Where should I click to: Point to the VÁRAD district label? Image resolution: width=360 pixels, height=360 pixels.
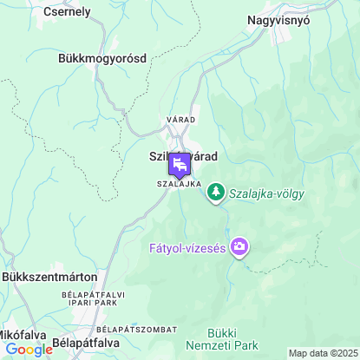pos(181,119)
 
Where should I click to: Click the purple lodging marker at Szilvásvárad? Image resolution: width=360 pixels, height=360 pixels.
pos(180,164)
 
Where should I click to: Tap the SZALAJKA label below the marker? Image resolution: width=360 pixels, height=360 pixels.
pos(180,185)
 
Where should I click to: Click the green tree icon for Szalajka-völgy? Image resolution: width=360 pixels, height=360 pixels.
pos(216,193)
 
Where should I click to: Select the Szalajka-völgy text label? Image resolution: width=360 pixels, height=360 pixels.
pos(267,193)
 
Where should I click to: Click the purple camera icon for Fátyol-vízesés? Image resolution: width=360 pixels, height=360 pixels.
pos(239,248)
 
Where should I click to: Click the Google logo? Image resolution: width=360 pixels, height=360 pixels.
pos(29,350)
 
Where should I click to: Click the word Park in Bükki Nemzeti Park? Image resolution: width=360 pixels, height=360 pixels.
pos(245,345)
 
